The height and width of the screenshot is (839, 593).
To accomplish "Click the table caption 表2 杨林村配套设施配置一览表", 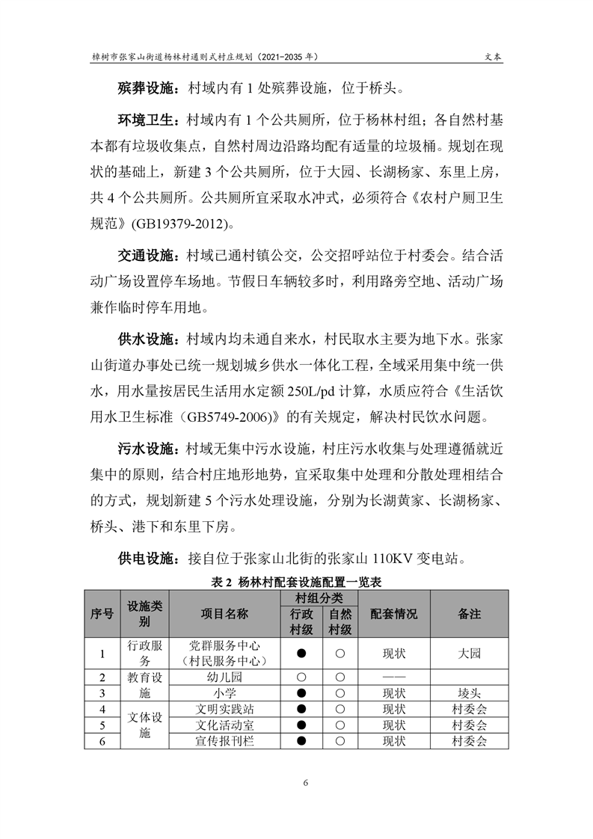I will point(297,580).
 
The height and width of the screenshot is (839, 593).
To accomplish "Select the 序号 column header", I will point(102,613).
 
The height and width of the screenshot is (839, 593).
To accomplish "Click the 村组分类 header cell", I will point(319,598).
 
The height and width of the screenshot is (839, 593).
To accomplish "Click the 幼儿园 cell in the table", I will point(224,677).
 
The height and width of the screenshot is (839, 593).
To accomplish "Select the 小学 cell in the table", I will point(224,693).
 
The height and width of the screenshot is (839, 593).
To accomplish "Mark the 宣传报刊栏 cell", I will point(224,741).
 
